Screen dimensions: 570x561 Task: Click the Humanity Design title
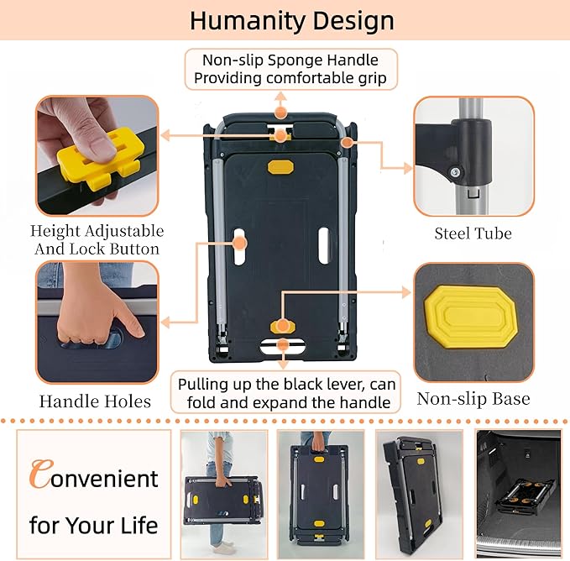click(292, 21)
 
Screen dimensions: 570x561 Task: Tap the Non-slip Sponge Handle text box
click(290, 69)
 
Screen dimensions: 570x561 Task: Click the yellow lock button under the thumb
click(101, 155)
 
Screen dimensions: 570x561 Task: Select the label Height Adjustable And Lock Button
click(97, 239)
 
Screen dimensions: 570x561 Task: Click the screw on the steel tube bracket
click(454, 171)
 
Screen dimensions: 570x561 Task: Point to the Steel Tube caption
click(473, 233)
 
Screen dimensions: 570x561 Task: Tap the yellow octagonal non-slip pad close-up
click(470, 317)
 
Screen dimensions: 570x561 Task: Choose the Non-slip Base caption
click(473, 399)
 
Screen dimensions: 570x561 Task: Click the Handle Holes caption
click(95, 401)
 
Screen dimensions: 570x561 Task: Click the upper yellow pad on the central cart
click(280, 167)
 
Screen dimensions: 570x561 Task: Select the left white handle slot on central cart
click(238, 247)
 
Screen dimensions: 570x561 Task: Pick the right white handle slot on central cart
click(324, 245)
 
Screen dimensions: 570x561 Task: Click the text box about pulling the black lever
click(285, 393)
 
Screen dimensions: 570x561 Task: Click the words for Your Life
click(94, 525)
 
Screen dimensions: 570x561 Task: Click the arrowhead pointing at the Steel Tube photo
click(407, 168)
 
